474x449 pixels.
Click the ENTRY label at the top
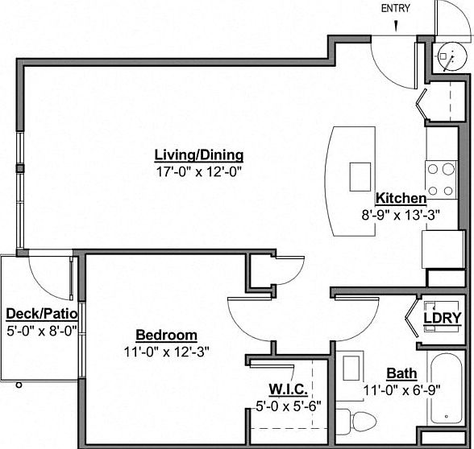(397, 9)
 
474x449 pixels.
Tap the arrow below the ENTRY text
(397, 26)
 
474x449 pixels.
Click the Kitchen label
(401, 198)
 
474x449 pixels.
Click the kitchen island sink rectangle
(360, 175)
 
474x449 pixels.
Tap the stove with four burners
(442, 179)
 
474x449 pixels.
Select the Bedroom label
(166, 335)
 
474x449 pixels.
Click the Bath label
(401, 373)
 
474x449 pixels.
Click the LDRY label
(443, 318)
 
